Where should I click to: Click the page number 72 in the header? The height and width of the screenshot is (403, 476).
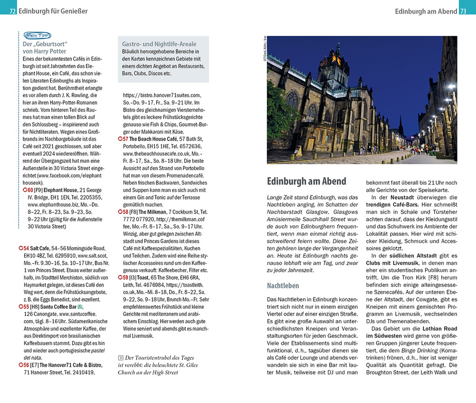(x=13, y=11)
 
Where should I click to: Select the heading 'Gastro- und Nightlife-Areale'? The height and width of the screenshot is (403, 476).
(x=159, y=44)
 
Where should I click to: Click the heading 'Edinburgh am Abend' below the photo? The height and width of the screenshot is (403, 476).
(x=306, y=181)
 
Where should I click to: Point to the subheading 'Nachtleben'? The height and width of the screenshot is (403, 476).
(x=283, y=285)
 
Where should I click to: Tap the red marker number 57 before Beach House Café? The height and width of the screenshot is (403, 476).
(x=124, y=139)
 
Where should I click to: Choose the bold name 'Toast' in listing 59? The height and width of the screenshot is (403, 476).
(x=143, y=277)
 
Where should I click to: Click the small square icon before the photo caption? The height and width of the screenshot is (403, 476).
(x=120, y=358)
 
